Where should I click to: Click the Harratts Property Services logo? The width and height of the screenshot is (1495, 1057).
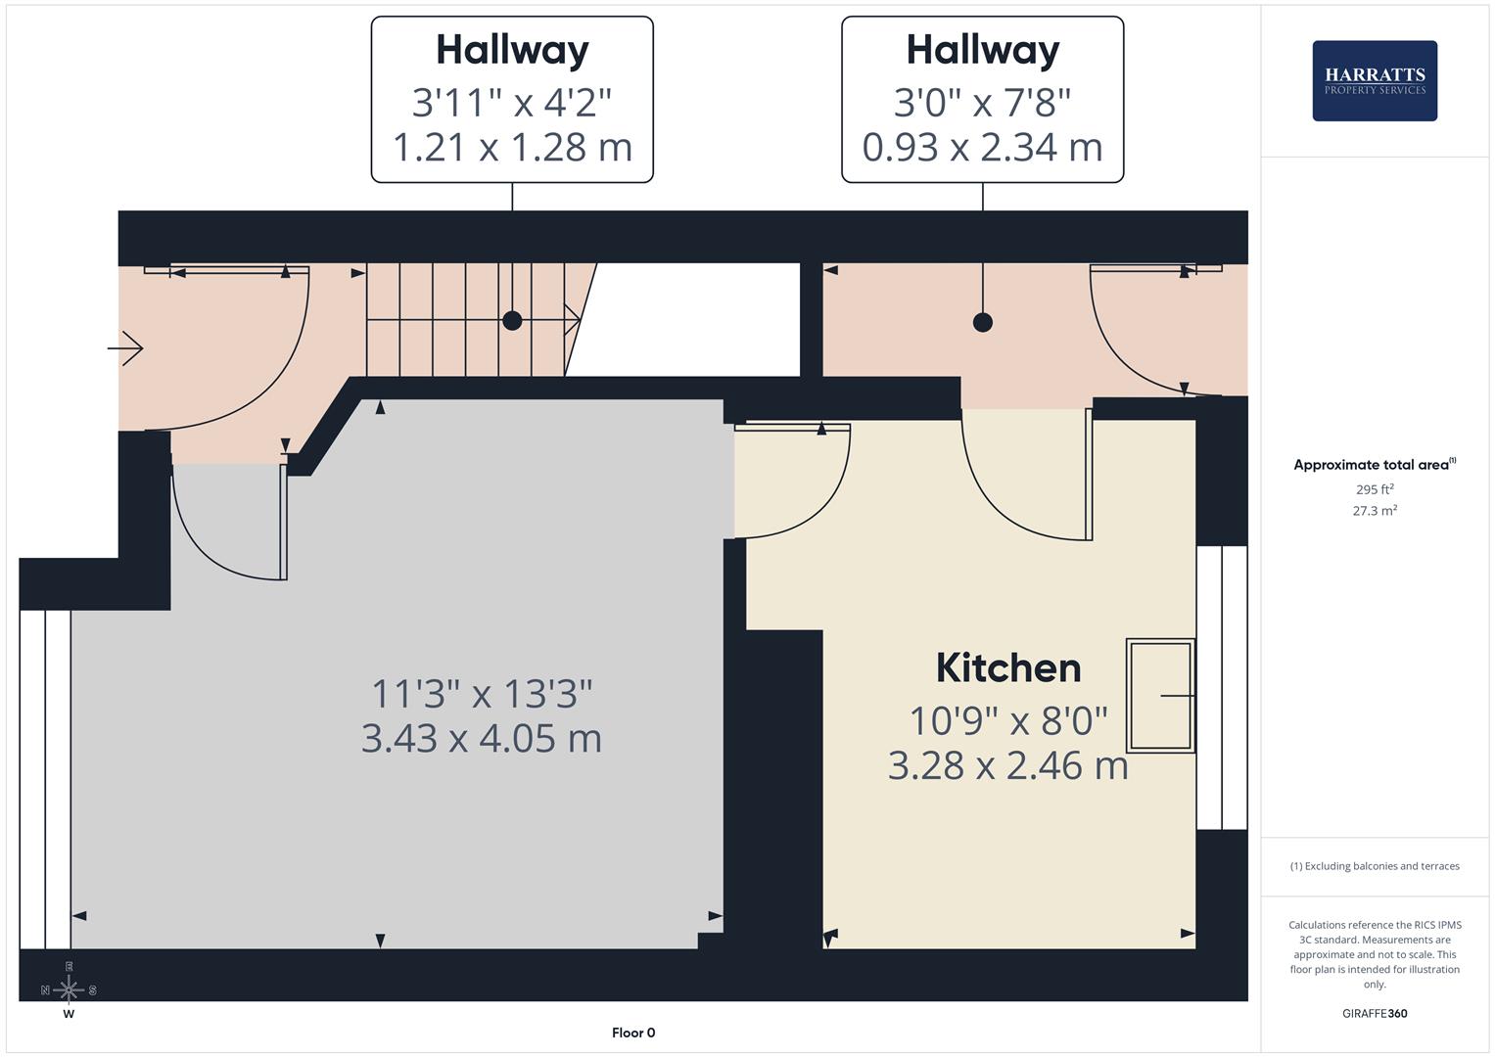(1374, 80)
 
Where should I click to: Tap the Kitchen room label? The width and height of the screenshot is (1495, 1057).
(1008, 668)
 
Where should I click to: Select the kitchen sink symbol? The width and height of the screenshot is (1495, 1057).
(1160, 695)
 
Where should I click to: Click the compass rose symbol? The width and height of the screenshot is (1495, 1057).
(69, 989)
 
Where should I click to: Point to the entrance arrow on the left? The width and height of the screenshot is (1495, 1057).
(126, 348)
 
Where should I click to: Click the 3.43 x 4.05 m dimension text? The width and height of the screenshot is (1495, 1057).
(481, 738)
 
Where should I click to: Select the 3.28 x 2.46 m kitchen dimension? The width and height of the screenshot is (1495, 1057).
(1007, 765)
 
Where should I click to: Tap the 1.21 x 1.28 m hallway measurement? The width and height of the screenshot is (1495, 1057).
(512, 147)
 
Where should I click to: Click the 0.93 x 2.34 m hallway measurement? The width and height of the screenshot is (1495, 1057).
(982, 147)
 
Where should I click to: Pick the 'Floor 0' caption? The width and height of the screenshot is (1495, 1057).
(633, 1033)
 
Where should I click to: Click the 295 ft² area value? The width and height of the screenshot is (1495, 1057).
(1374, 489)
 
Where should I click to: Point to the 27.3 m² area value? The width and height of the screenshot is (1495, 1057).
(1374, 510)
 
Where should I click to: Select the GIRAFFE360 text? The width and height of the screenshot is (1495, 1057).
(1374, 1013)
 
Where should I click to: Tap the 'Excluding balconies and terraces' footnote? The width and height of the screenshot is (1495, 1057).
(1374, 866)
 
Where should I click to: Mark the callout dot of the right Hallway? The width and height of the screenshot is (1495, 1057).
(983, 322)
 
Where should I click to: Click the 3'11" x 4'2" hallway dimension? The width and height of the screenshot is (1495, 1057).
(512, 102)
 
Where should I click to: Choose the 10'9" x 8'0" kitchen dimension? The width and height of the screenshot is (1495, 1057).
(1008, 721)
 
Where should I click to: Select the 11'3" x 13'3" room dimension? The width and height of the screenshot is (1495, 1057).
(482, 694)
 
